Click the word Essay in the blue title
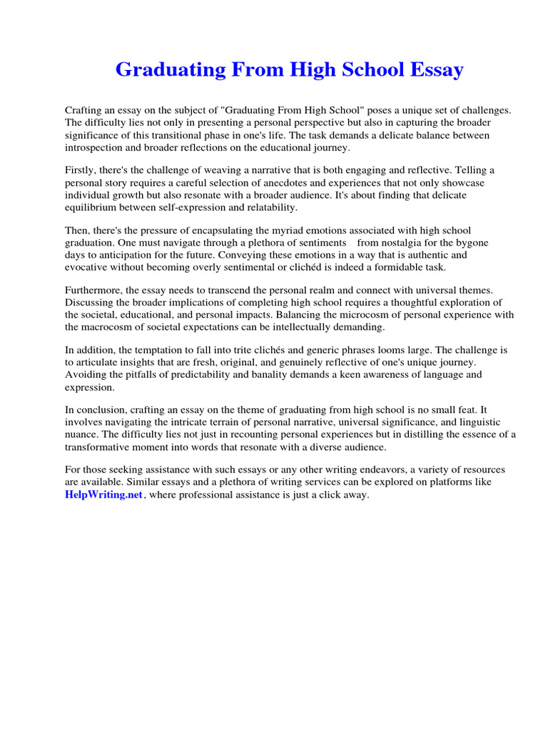tap(431, 70)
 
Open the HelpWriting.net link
tap(104, 495)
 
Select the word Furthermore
tap(95, 291)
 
